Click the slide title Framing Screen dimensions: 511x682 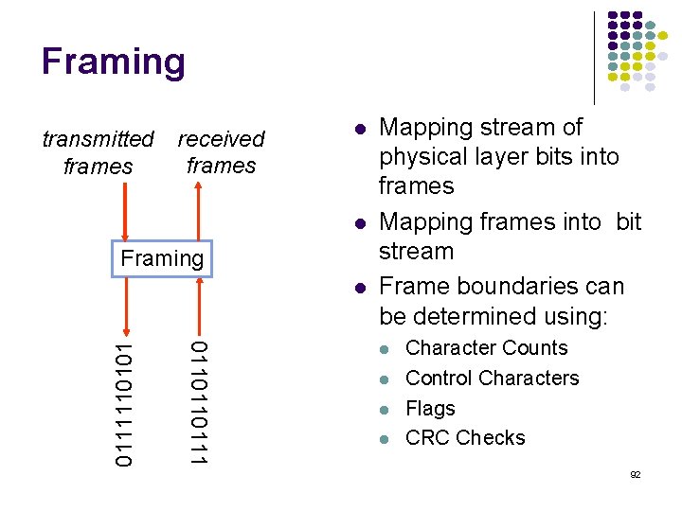(x=114, y=62)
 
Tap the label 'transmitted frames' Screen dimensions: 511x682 (x=98, y=152)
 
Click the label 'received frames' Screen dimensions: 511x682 (x=221, y=152)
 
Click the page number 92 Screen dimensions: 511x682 (x=635, y=474)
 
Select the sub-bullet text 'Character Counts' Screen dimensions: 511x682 (x=486, y=348)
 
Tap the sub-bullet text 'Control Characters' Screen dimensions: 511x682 (x=492, y=379)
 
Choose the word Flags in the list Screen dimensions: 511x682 (x=430, y=409)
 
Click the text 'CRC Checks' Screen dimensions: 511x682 (x=465, y=438)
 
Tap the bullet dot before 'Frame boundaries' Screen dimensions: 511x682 (x=360, y=287)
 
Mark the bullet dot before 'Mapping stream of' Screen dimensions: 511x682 (x=360, y=128)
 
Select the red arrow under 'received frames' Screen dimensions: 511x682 (x=197, y=212)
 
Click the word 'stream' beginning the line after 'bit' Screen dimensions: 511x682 (x=416, y=252)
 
